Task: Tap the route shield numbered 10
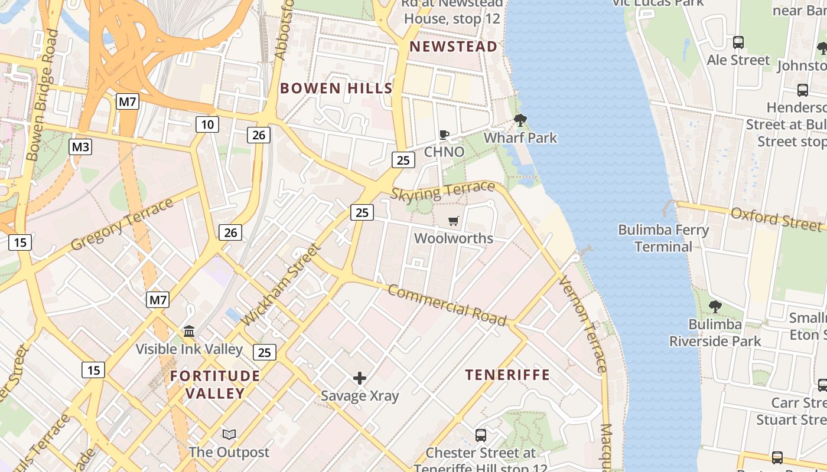pyautogui.click(x=207, y=124)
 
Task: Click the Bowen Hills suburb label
pyautogui.click(x=336, y=88)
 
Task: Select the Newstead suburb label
pyautogui.click(x=453, y=47)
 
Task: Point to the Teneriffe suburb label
pyautogui.click(x=507, y=375)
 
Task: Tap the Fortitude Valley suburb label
pyautogui.click(x=215, y=384)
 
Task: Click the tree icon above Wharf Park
pyautogui.click(x=520, y=120)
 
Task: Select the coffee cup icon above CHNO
pyautogui.click(x=444, y=135)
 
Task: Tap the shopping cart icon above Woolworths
pyautogui.click(x=453, y=221)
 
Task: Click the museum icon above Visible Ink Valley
pyautogui.click(x=189, y=331)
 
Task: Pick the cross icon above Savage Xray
pyautogui.click(x=359, y=378)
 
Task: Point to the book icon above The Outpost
pyautogui.click(x=229, y=435)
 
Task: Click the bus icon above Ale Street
pyautogui.click(x=738, y=42)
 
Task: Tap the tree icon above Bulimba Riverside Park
pyautogui.click(x=715, y=306)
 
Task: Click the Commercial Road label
pyautogui.click(x=447, y=305)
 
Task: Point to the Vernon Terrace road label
pyautogui.click(x=582, y=323)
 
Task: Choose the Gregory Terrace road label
pyautogui.click(x=122, y=224)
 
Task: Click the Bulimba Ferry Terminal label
pyautogui.click(x=663, y=238)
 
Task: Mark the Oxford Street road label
pyautogui.click(x=776, y=218)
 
